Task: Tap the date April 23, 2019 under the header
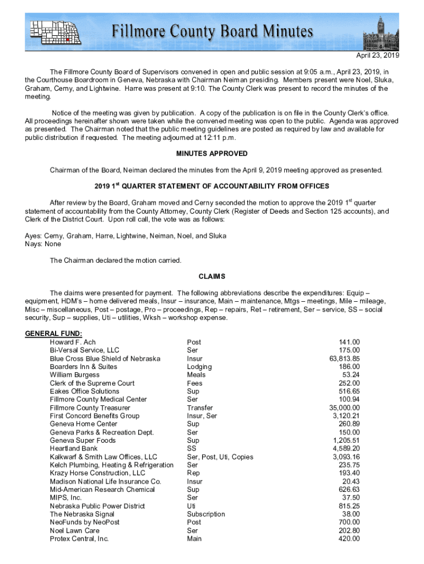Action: click(x=378, y=56)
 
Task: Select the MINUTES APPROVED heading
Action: click(x=212, y=154)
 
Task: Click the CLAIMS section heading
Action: click(x=212, y=276)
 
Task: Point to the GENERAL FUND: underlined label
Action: click(x=54, y=334)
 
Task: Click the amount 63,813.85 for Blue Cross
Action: click(x=345, y=359)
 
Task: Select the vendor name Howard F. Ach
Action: click(x=73, y=342)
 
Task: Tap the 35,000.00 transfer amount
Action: click(x=344, y=408)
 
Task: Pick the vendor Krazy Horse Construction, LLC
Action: click(x=97, y=473)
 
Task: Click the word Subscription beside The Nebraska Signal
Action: click(x=206, y=514)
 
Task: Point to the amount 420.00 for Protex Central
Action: click(x=349, y=539)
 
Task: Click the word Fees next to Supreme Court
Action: click(x=195, y=383)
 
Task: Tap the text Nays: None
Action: click(x=43, y=244)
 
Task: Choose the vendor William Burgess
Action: click(x=74, y=375)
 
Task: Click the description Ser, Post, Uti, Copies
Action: click(x=220, y=457)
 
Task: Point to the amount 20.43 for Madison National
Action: click(x=351, y=481)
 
